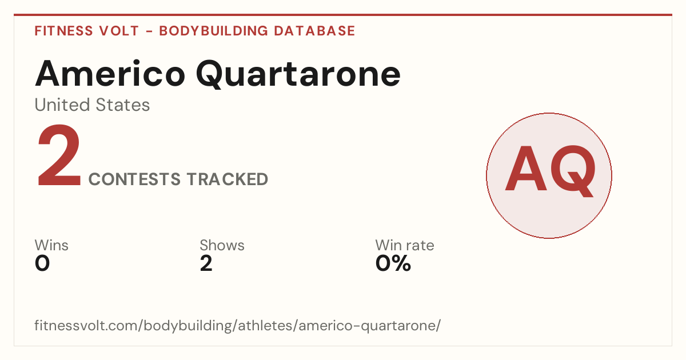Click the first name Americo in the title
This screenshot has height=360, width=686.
(x=110, y=74)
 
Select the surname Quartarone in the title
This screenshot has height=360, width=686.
(x=298, y=74)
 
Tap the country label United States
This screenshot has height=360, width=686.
(x=92, y=105)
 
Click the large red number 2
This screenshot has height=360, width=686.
(x=59, y=155)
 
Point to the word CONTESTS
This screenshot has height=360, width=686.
(x=134, y=179)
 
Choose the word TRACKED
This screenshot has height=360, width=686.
(x=228, y=179)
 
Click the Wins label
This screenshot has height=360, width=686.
(x=51, y=245)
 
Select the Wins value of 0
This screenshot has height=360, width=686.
(x=42, y=263)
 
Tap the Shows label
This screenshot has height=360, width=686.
(x=222, y=245)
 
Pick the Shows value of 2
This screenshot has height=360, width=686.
(x=206, y=263)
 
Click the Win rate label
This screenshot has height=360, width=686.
(x=405, y=245)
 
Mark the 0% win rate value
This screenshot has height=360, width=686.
(x=393, y=263)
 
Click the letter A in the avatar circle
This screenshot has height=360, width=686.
(x=526, y=169)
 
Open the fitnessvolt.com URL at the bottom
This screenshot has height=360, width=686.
(x=237, y=325)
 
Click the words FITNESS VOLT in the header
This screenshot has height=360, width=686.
(x=87, y=31)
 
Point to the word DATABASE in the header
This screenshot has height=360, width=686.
(x=314, y=31)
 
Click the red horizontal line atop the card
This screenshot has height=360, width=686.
(x=343, y=15)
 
